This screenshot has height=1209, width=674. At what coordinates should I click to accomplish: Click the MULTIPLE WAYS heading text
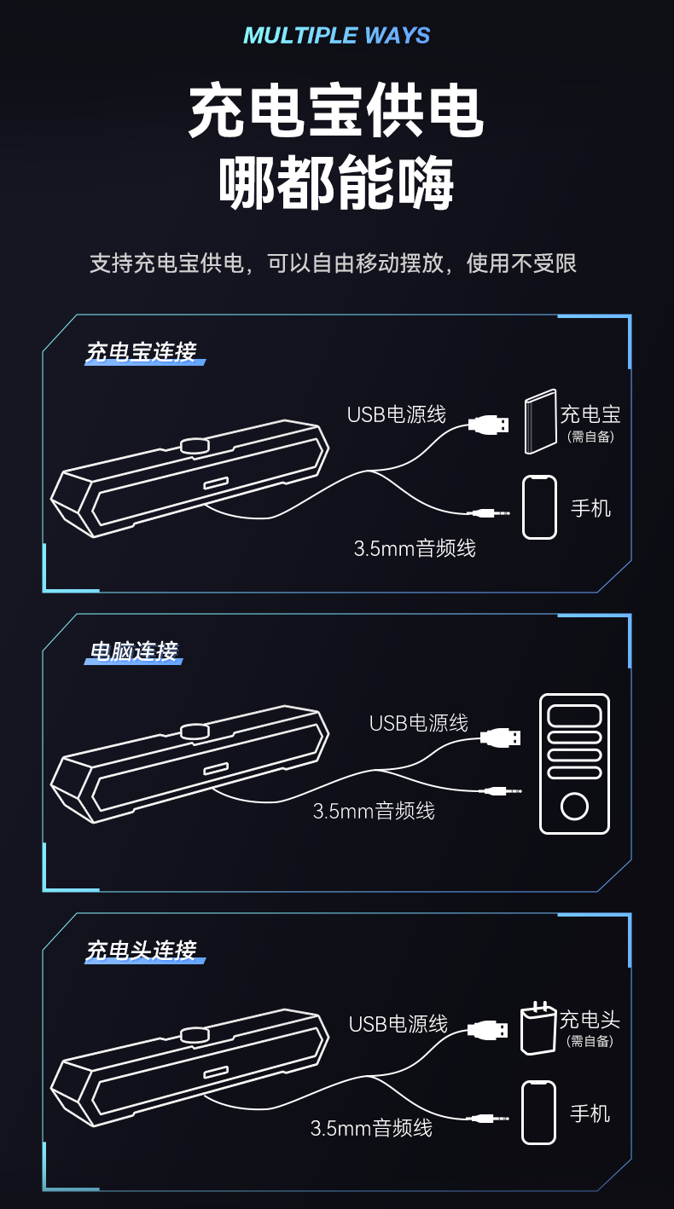click(336, 36)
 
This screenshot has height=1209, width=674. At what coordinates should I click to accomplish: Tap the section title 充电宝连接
click(141, 352)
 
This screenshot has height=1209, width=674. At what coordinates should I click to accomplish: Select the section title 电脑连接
click(133, 651)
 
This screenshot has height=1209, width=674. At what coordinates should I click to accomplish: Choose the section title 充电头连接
click(141, 951)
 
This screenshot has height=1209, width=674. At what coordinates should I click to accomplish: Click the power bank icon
click(540, 421)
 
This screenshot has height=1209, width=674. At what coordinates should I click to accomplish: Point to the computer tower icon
click(575, 764)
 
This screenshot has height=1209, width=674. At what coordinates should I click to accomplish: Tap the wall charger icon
click(537, 1028)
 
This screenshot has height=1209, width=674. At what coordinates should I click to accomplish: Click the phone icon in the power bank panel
click(539, 507)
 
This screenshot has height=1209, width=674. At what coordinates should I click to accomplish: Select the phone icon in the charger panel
click(538, 1113)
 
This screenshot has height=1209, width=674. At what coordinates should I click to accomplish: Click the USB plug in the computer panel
click(501, 738)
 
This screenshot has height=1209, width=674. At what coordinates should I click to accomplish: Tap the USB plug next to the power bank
click(488, 425)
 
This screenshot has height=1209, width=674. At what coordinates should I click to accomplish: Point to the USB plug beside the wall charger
click(487, 1030)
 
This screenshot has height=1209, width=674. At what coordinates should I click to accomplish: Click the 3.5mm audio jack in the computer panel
click(501, 791)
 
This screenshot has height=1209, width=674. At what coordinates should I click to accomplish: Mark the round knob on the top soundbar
click(195, 445)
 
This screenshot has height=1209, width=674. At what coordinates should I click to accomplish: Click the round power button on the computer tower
click(574, 807)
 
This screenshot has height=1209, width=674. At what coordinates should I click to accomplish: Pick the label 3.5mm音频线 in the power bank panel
click(415, 548)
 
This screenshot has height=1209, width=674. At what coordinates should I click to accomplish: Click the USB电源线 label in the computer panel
click(419, 723)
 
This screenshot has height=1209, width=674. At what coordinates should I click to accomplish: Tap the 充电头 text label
click(590, 1020)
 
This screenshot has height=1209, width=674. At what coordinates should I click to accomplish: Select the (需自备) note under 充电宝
click(590, 437)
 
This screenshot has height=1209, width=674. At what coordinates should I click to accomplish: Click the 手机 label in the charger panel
click(590, 1114)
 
